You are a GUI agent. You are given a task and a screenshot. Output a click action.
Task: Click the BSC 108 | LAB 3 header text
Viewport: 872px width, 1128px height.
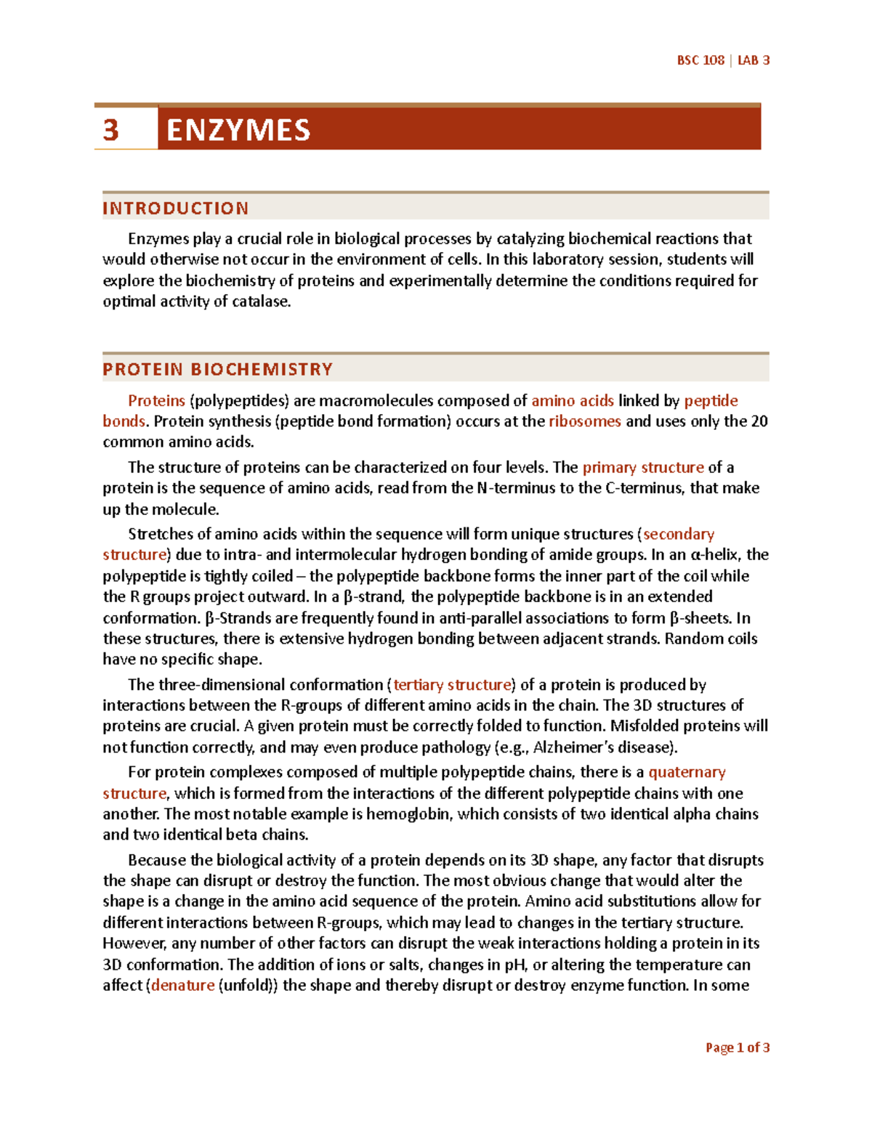(x=722, y=60)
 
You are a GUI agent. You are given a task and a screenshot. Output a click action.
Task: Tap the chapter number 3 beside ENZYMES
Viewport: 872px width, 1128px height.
(x=110, y=130)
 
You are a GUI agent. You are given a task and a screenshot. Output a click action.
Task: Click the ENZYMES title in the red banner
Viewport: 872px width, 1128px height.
(x=238, y=130)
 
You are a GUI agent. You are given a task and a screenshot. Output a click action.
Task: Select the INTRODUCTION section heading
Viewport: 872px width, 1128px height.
(x=176, y=208)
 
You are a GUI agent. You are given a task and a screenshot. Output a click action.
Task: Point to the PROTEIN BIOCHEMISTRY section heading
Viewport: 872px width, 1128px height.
(x=218, y=369)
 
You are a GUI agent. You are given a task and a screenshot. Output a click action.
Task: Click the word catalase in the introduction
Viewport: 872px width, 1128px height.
(x=260, y=301)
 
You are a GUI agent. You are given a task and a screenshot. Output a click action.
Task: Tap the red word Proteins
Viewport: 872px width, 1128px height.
(x=156, y=400)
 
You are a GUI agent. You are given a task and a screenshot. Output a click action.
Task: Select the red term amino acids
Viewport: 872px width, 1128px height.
(x=573, y=400)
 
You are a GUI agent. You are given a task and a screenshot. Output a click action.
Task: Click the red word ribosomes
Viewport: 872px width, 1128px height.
(x=584, y=421)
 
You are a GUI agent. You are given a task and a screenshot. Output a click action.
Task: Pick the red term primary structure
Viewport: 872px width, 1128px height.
(x=643, y=467)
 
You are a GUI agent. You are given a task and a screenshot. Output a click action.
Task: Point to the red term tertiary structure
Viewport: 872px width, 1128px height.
(x=452, y=684)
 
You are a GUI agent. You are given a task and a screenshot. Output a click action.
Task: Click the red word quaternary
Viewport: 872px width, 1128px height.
(x=687, y=771)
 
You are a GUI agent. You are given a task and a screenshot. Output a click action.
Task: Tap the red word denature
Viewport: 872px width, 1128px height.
(x=182, y=985)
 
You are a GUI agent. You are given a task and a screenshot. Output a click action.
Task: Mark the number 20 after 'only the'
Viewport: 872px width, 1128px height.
(x=759, y=421)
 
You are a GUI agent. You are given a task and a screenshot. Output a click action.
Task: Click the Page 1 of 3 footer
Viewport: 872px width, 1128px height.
(x=737, y=1047)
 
